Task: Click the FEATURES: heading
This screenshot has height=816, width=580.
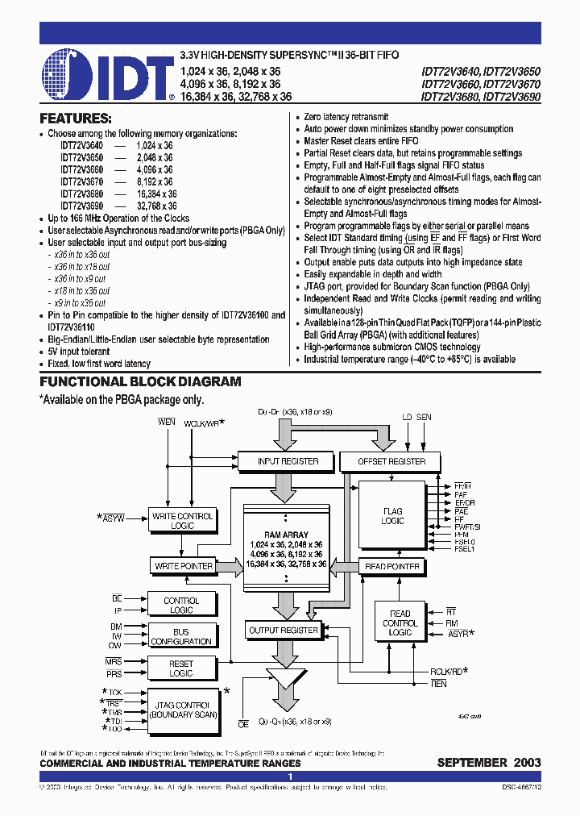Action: pos(75,119)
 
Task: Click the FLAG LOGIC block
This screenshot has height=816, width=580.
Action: pos(393,516)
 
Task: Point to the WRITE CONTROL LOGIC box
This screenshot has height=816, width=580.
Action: pos(182,521)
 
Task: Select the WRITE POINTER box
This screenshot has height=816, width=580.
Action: pos(183,566)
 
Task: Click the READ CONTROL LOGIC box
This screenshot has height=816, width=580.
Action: pos(400,623)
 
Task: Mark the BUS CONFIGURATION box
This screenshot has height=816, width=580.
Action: pos(181,637)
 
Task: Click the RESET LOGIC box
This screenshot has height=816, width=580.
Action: pos(181,668)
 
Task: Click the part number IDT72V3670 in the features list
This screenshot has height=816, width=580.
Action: pos(81,182)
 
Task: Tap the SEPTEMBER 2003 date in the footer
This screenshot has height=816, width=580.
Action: pos(489,763)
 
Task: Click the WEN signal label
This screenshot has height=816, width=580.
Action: pos(167,421)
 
